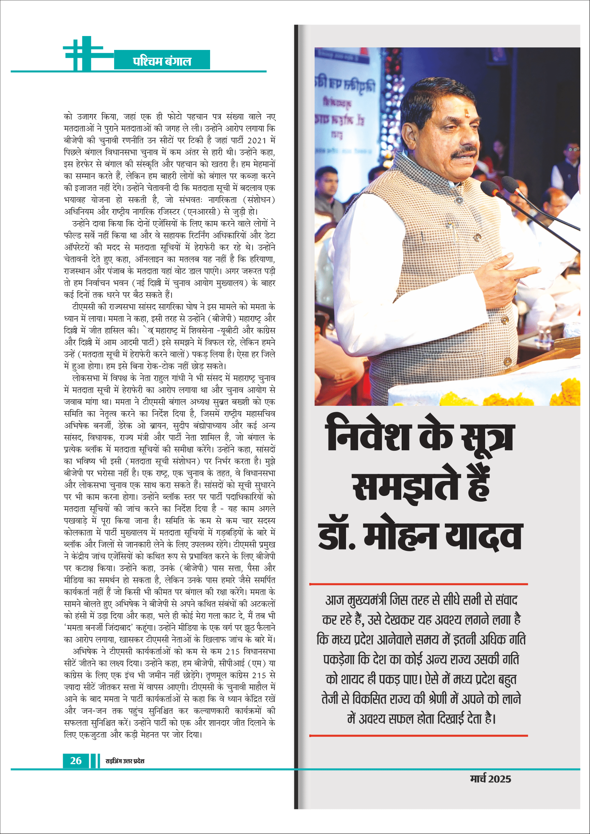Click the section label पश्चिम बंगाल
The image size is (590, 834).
pyautogui.click(x=162, y=61)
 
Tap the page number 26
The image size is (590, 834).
pyautogui.click(x=76, y=760)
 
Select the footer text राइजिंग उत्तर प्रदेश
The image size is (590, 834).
pyautogui.click(x=124, y=761)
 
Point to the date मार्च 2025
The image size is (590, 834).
pyautogui.click(x=490, y=779)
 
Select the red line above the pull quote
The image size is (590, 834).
pyautogui.click(x=418, y=584)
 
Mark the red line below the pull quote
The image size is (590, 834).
pyautogui.click(x=418, y=736)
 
